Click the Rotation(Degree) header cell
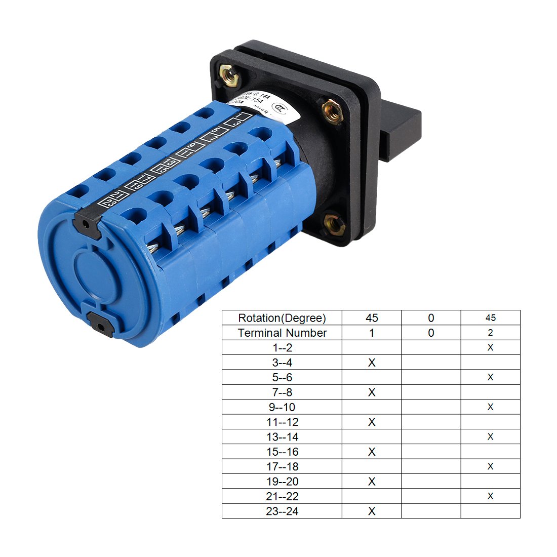282,318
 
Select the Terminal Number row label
282,333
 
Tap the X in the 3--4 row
372,363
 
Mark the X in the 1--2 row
490,347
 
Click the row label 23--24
282,511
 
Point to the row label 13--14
282,437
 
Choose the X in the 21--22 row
490,496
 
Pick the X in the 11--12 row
372,422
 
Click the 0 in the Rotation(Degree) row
431,318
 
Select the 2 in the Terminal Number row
490,333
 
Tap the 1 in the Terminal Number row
372,333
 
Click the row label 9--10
282,407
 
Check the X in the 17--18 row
490,466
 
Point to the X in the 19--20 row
372,482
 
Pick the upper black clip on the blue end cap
87,222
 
